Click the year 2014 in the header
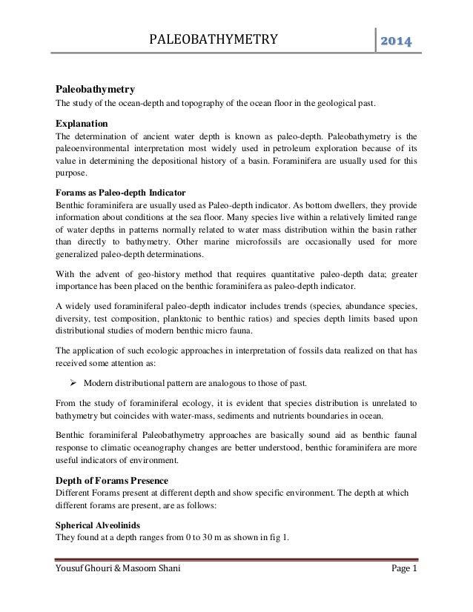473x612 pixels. point(397,39)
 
